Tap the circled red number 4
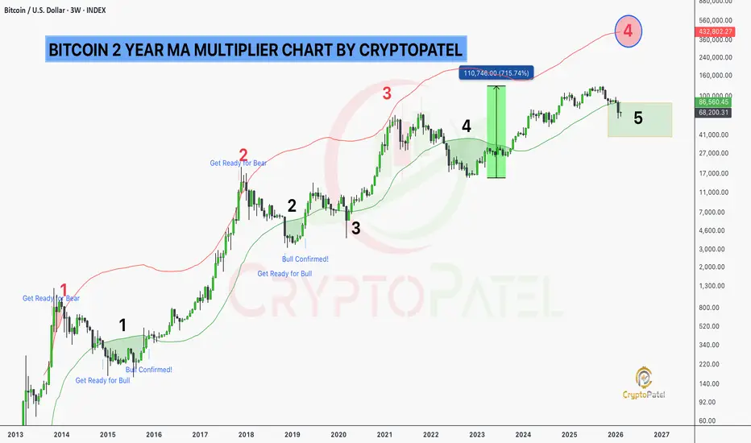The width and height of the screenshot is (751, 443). pyautogui.click(x=629, y=31)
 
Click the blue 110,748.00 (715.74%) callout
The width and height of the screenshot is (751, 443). pyautogui.click(x=496, y=73)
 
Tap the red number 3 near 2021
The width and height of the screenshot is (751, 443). pyautogui.click(x=387, y=93)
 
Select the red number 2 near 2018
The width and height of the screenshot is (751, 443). pyautogui.click(x=243, y=155)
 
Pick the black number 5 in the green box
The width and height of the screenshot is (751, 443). pyautogui.click(x=638, y=118)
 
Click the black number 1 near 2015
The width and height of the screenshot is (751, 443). pyautogui.click(x=122, y=325)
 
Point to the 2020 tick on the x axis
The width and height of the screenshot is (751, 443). pyautogui.click(x=339, y=433)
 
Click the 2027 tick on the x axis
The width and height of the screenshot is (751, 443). pyautogui.click(x=662, y=433)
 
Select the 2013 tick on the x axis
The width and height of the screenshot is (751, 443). pyautogui.click(x=15, y=433)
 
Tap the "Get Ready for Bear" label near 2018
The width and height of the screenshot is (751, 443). pyautogui.click(x=238, y=164)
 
